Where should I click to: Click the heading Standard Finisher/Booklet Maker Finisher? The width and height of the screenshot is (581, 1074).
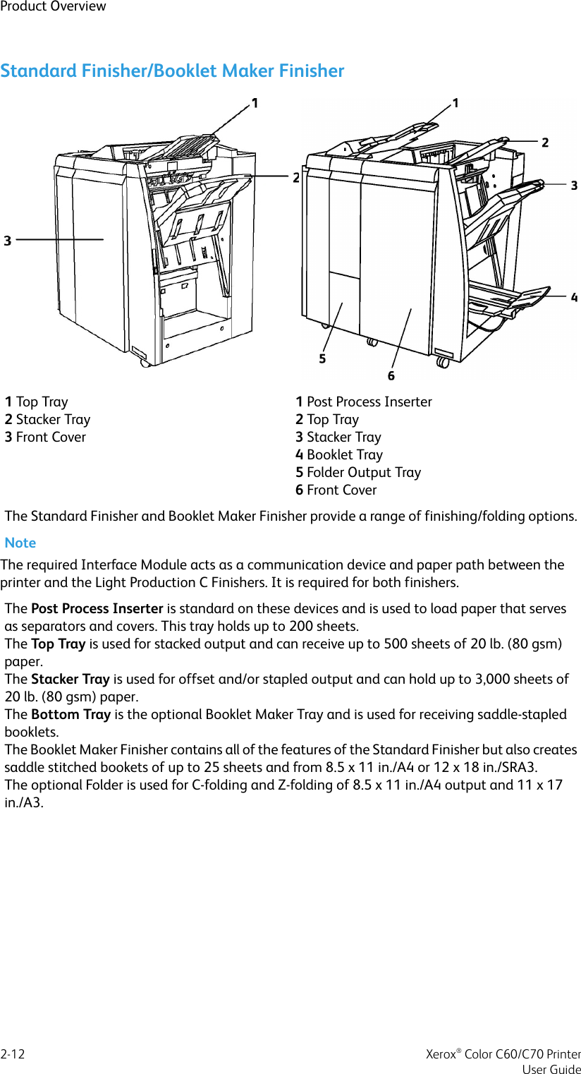point(172,71)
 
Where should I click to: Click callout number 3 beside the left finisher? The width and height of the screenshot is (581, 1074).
point(8,241)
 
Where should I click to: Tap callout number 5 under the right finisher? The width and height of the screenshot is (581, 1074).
point(322,358)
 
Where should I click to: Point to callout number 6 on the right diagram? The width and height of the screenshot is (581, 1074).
point(391,375)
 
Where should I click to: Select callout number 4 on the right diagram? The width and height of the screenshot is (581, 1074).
point(574,298)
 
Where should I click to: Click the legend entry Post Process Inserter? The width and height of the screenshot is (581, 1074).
point(364,402)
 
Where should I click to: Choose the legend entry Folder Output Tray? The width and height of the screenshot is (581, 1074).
point(358,472)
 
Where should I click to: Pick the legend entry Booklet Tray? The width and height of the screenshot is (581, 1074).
point(339,454)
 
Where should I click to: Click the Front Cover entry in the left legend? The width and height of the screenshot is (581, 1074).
point(45,437)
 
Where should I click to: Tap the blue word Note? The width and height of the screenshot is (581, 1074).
point(20,543)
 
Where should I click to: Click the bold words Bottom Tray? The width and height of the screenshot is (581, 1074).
point(71,714)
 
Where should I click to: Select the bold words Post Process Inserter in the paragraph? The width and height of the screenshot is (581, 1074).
point(97,608)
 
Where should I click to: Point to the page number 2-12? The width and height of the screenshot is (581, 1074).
point(13,1054)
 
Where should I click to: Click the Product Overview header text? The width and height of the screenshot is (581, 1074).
point(53,6)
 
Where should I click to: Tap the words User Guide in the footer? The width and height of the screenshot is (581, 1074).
point(551,1069)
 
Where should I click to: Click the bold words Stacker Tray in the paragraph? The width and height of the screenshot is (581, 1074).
point(70,679)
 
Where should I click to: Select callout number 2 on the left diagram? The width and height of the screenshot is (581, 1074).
point(296,178)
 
